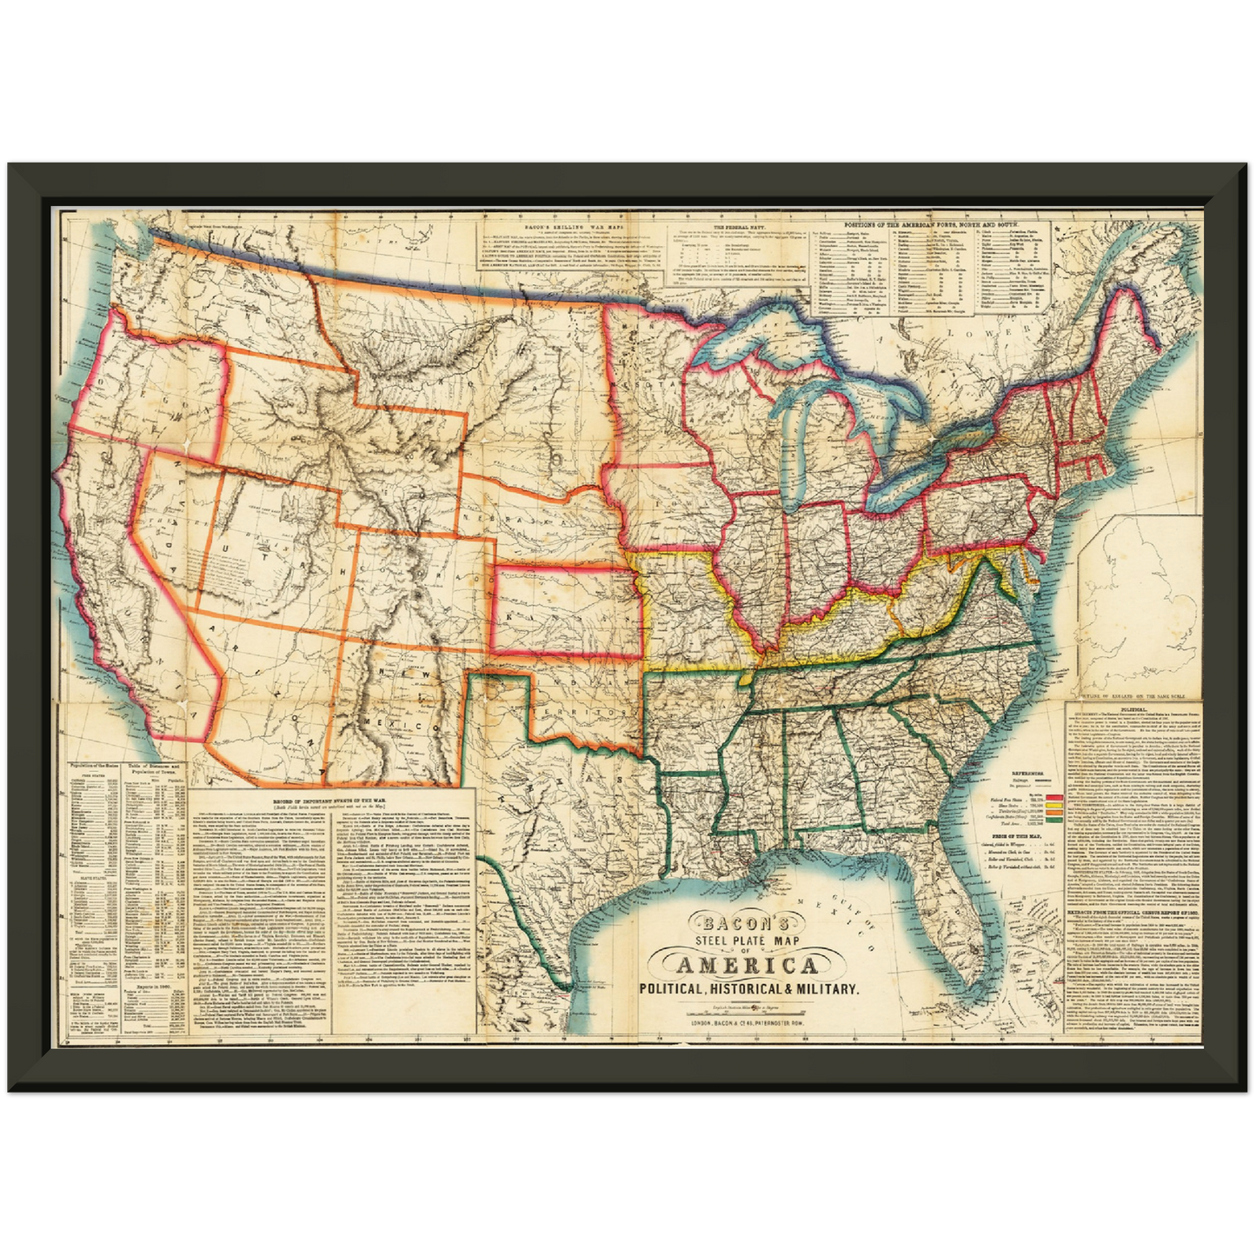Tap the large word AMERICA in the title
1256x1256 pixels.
click(747, 965)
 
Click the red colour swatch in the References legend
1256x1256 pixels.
click(1054, 796)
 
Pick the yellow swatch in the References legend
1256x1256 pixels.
click(1054, 804)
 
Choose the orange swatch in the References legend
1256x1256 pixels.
click(1054, 812)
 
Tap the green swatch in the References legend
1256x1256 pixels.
click(1054, 819)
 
